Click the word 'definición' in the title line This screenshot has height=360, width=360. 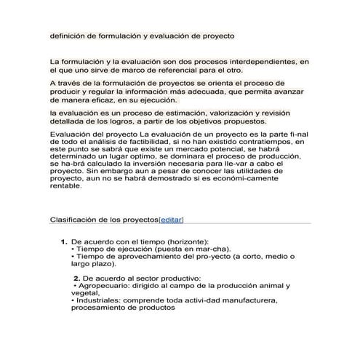pyautogui.click(x=66, y=35)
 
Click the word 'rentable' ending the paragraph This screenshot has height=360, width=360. pyautogui.click(x=66, y=186)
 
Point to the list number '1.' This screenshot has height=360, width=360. pyautogui.click(x=63, y=241)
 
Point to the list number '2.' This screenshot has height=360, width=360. pyautogui.click(x=77, y=278)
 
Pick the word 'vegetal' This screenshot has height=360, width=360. pyautogui.click(x=85, y=292)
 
